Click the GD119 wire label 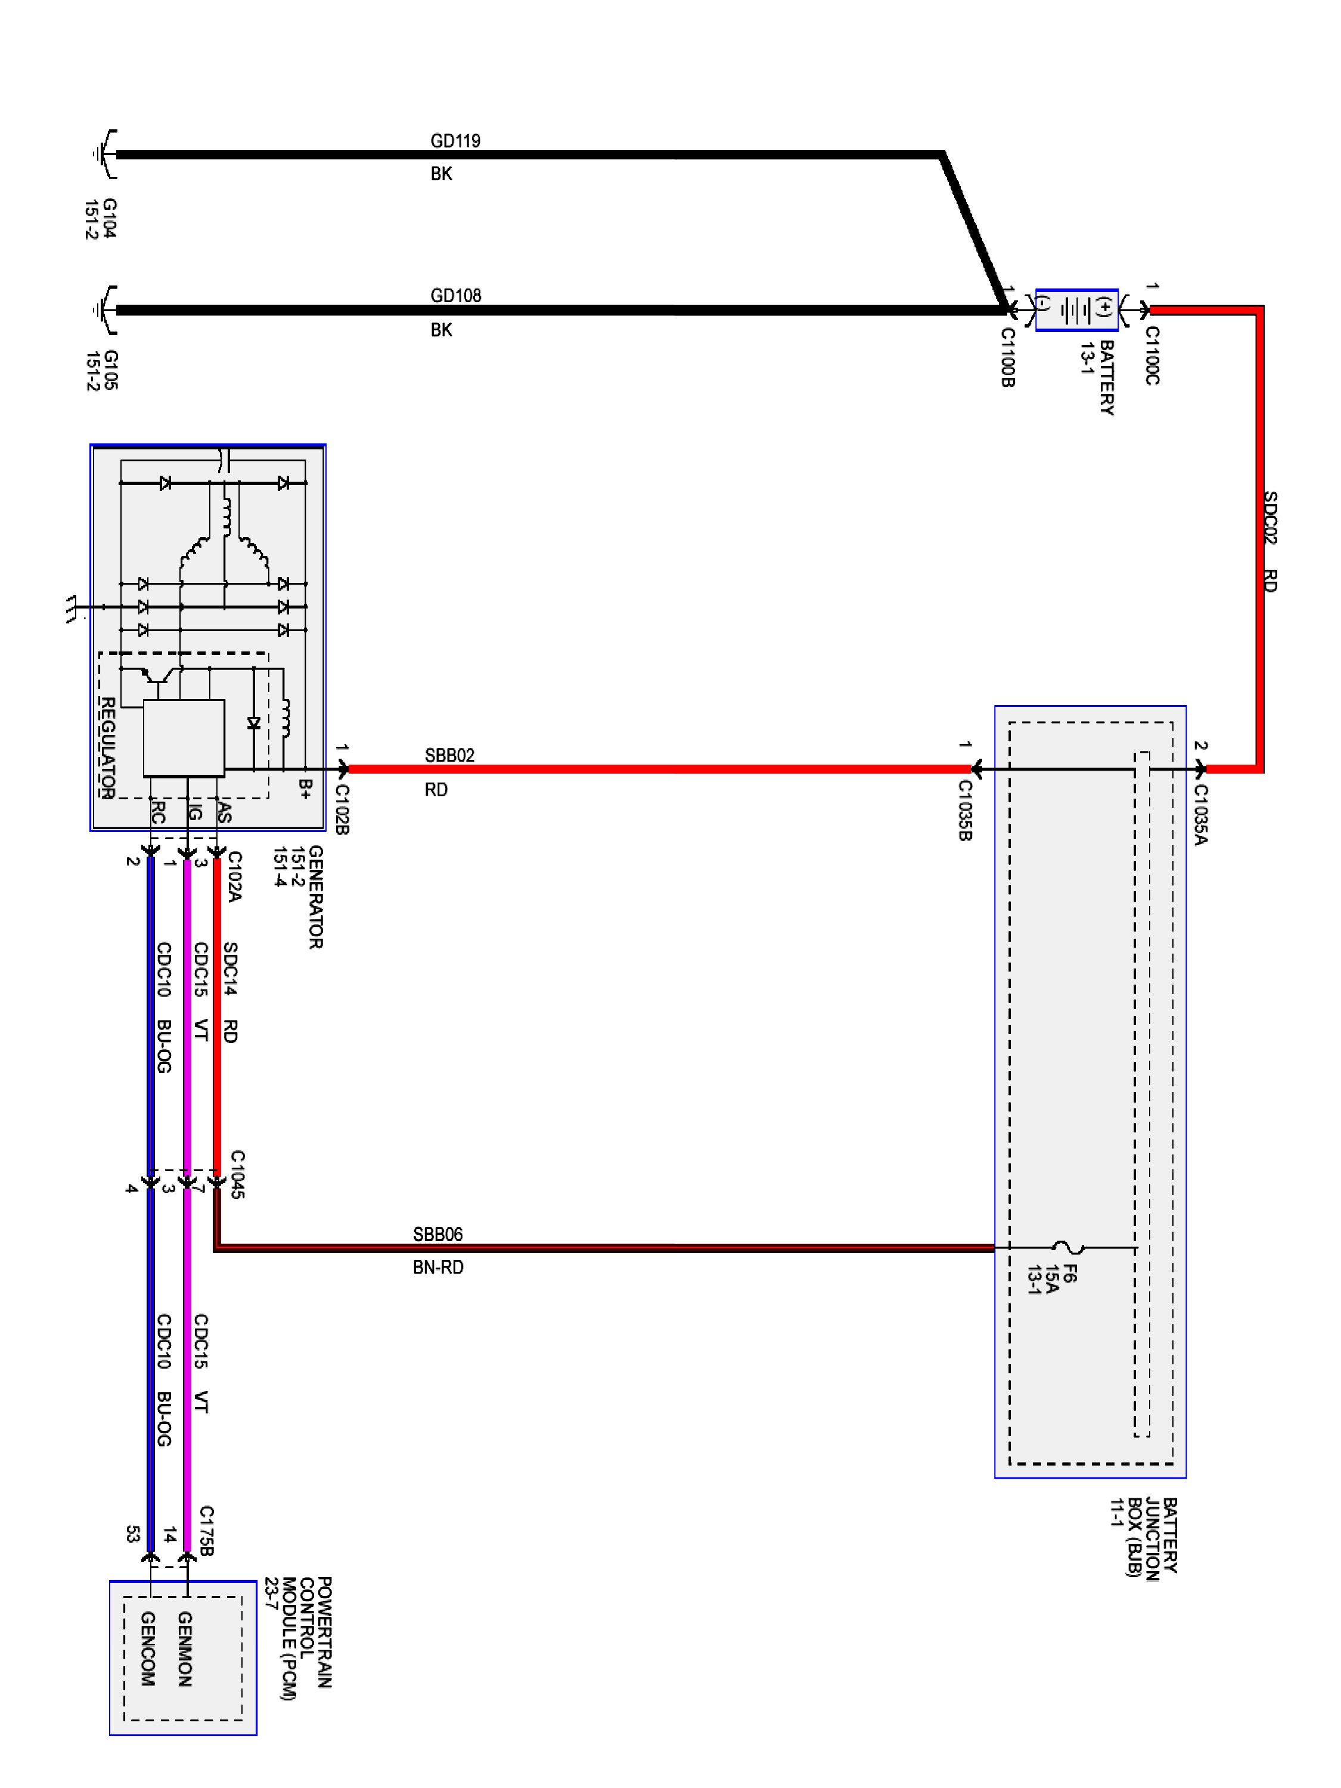coord(455,141)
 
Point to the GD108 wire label coord(455,296)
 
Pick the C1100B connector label coord(1008,356)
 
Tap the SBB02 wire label coord(449,755)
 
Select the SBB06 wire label coord(437,1234)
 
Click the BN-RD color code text coord(438,1268)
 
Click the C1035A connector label coord(1200,814)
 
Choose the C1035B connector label coord(964,810)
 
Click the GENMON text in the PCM coord(184,1649)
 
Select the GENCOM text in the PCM coord(148,1649)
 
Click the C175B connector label coord(206,1531)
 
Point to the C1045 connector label coord(237,1174)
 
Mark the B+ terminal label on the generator coord(305,789)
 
